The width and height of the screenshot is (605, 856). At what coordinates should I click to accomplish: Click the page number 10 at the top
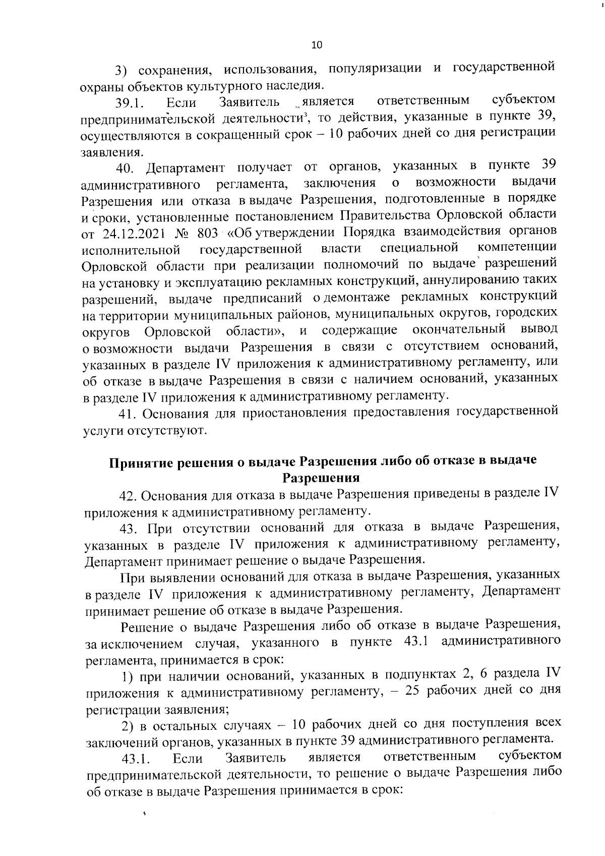(x=317, y=45)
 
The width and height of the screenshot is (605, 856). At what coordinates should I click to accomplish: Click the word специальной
(x=419, y=248)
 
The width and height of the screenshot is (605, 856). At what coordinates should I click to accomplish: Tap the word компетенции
(x=517, y=248)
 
